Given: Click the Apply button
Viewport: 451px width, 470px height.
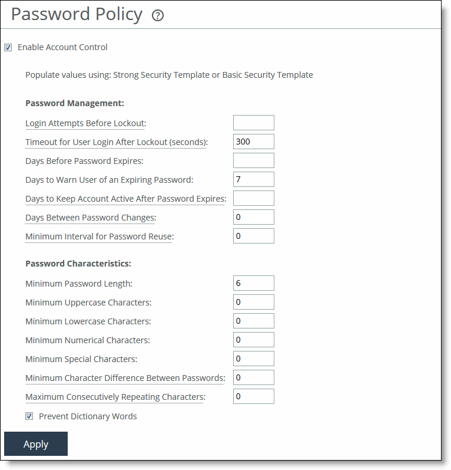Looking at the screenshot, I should click(36, 444).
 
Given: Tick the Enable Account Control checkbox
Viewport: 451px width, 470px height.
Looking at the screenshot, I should click(8, 48).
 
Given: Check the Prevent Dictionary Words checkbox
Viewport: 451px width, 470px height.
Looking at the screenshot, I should click(29, 416).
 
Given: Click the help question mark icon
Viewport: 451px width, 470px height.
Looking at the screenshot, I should click(157, 16).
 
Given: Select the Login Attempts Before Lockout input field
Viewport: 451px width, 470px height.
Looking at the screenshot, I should click(254, 123).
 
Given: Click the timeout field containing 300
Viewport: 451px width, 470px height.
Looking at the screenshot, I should click(254, 142).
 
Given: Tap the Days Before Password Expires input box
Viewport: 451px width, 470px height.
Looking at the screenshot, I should click(254, 160).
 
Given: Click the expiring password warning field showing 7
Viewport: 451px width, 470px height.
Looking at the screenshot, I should click(254, 179).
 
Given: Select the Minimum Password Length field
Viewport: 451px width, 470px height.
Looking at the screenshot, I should click(254, 283).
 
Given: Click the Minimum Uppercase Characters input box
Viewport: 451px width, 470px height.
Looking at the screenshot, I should click(254, 302).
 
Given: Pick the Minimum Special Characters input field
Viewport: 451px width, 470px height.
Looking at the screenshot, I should click(254, 359).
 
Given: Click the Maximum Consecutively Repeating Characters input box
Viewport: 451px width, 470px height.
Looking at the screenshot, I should click(254, 396).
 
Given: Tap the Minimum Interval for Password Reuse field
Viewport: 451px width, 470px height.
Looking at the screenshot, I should click(254, 236).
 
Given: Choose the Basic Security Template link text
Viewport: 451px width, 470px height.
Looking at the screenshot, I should click(267, 75).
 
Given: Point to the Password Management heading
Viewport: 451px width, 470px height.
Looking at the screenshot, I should click(74, 103).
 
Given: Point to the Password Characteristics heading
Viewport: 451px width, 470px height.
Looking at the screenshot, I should click(78, 264).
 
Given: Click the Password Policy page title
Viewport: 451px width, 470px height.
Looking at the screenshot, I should click(77, 15).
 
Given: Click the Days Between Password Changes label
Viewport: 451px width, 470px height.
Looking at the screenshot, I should click(90, 218).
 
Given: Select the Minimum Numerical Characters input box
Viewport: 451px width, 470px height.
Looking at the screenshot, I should click(254, 340).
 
